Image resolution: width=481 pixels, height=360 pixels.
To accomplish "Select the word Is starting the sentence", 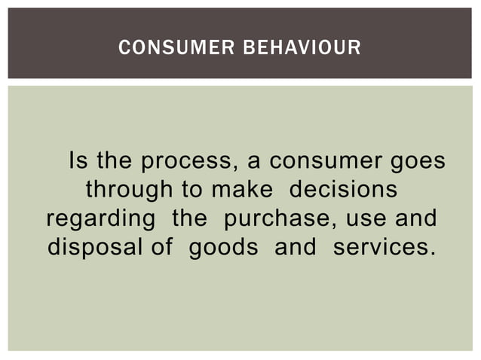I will [78, 162].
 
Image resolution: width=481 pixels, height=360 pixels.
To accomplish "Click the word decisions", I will [343, 190].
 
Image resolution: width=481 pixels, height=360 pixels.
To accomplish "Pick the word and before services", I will [295, 247].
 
